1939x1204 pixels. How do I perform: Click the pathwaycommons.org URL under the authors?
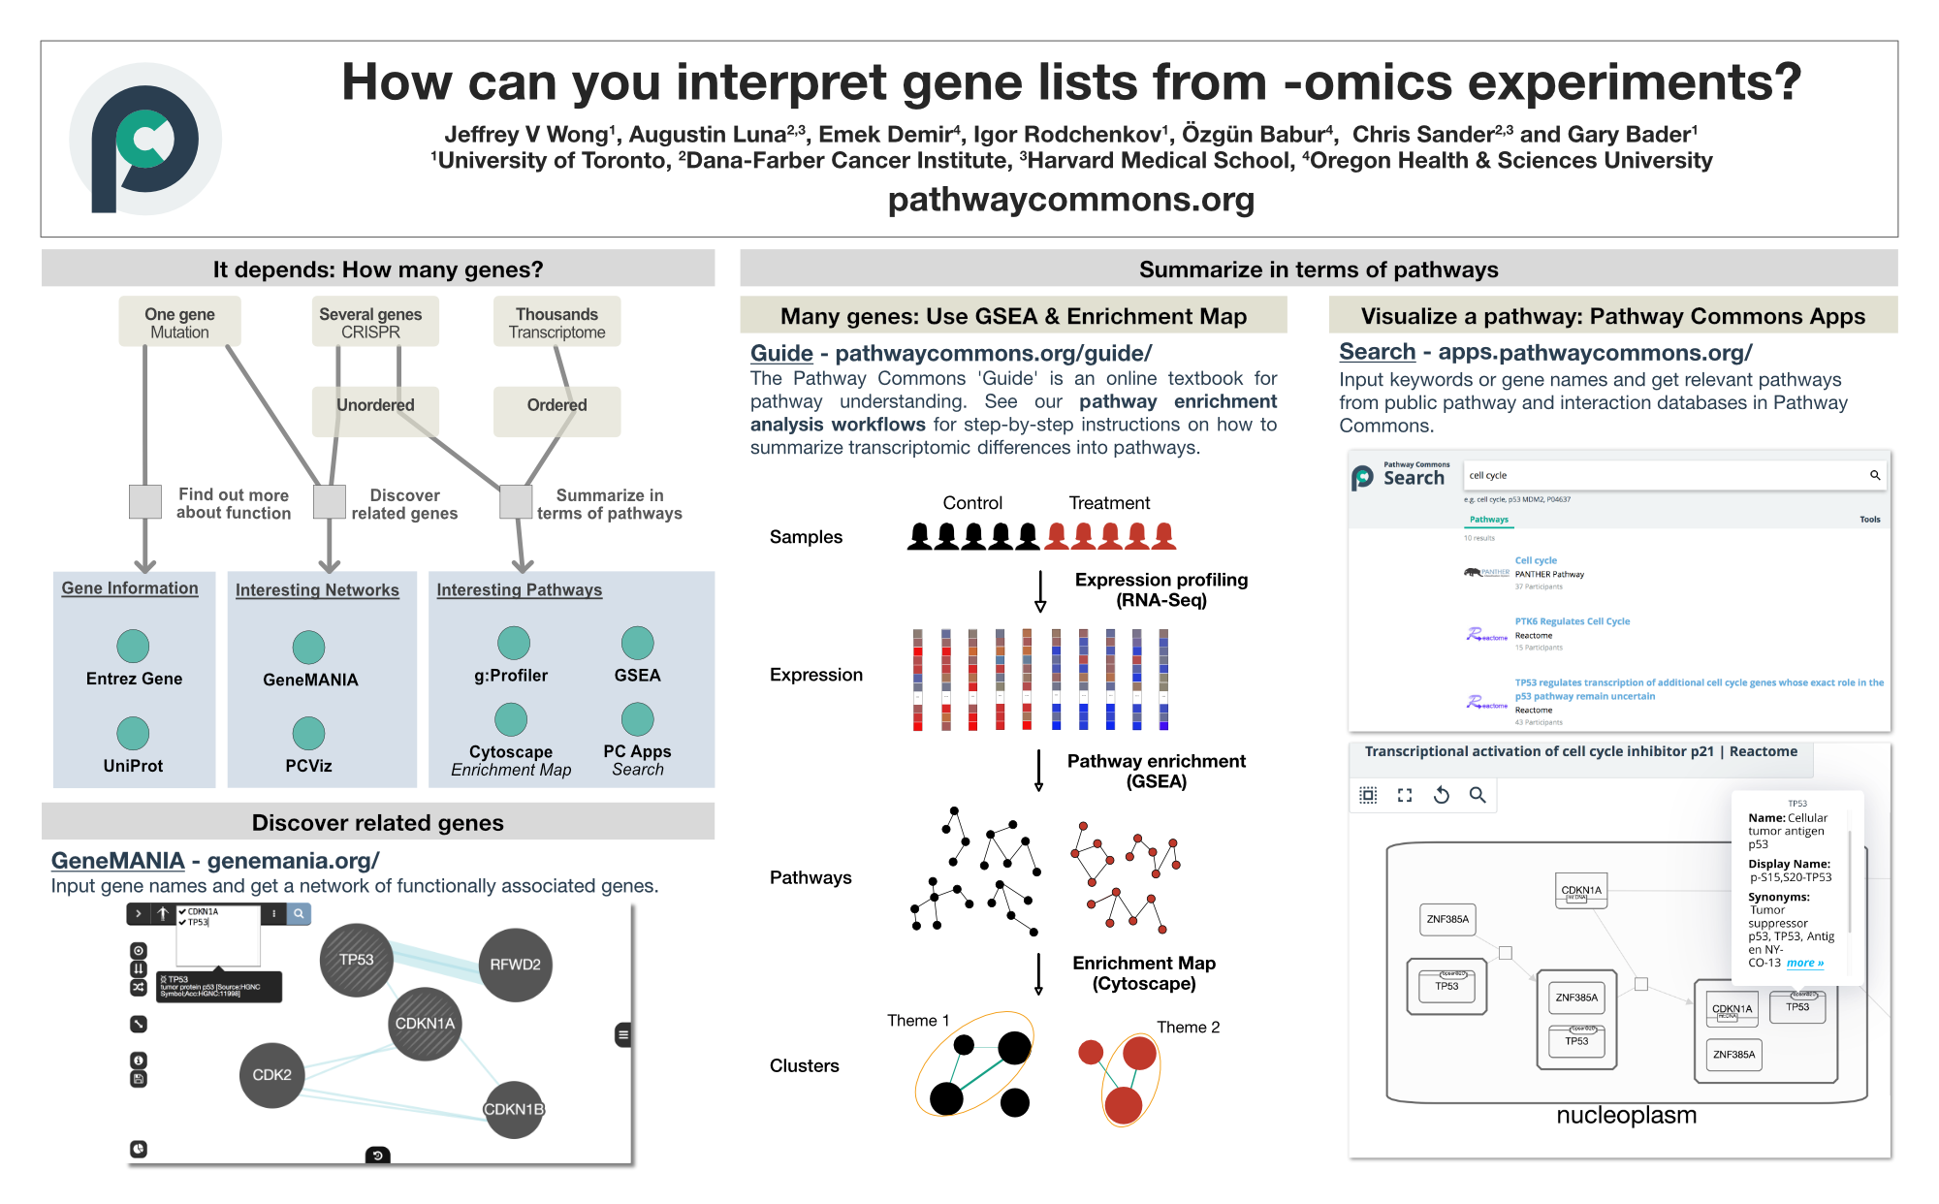(x=1070, y=200)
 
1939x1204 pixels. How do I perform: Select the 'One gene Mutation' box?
(x=179, y=323)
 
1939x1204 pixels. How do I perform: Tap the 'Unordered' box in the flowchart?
(x=375, y=406)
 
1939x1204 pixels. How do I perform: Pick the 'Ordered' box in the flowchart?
(x=556, y=406)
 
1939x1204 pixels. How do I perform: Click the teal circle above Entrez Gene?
(x=133, y=646)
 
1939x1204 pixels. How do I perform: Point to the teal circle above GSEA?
(x=637, y=643)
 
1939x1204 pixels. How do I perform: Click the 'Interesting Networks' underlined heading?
(x=317, y=590)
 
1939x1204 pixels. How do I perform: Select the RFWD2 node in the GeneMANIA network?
(x=515, y=965)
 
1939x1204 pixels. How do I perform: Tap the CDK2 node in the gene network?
(x=271, y=1075)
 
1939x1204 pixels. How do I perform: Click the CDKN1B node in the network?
(x=514, y=1109)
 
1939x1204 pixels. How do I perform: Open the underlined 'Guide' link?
(x=781, y=354)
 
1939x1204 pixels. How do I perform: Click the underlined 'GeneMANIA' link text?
(x=117, y=861)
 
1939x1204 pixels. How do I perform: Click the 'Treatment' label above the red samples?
(x=1109, y=503)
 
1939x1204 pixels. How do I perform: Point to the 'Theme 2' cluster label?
(x=1188, y=1028)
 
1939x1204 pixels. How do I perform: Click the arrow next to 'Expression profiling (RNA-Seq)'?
(x=1040, y=591)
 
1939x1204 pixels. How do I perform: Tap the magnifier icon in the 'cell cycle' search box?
(x=1875, y=475)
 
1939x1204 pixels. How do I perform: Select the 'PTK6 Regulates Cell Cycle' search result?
(x=1572, y=621)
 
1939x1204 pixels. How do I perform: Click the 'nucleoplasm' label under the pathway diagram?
(x=1626, y=1116)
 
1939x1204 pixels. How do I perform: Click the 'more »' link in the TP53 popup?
(x=1804, y=964)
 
